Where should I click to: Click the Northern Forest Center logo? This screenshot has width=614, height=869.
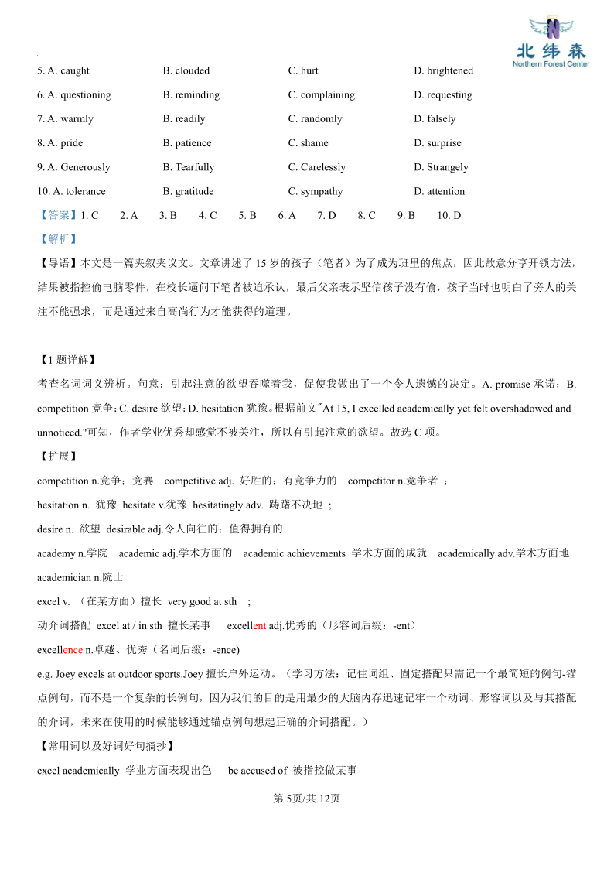pyautogui.click(x=551, y=43)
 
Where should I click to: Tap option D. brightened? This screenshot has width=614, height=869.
pyautogui.click(x=443, y=70)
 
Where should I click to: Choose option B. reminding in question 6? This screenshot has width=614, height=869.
pyautogui.click(x=191, y=94)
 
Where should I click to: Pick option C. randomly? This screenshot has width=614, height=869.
pyautogui.click(x=315, y=118)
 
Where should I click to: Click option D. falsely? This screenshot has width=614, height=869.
pyautogui.click(x=435, y=118)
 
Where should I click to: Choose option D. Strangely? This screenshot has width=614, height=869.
pyautogui.click(x=441, y=166)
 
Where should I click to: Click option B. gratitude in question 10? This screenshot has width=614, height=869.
pyautogui.click(x=188, y=191)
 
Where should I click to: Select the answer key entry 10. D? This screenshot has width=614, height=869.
pyautogui.click(x=449, y=215)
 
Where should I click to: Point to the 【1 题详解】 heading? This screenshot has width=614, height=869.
pyautogui.click(x=66, y=360)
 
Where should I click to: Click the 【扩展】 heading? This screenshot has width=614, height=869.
pyautogui.click(x=57, y=457)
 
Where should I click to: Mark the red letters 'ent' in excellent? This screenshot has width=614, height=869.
pyautogui.click(x=259, y=625)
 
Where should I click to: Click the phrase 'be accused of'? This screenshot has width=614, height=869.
pyautogui.click(x=258, y=770)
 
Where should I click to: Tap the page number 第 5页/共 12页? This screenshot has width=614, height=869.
pyautogui.click(x=307, y=799)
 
